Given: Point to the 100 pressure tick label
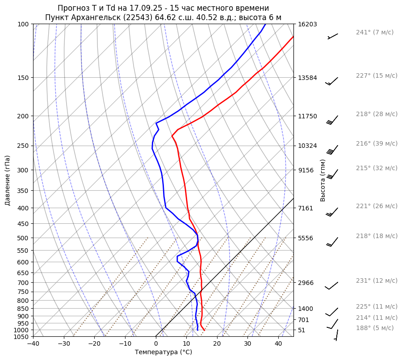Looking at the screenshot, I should click(23, 24).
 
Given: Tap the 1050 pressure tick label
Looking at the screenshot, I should click(21, 336).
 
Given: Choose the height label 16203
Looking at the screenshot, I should click(307, 24).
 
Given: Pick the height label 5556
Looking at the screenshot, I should click(306, 238).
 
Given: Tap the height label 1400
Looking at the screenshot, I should click(306, 309).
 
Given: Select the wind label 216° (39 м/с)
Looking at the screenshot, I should click(376, 143).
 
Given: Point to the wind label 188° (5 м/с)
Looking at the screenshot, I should click(374, 328).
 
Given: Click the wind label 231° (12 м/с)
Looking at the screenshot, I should click(376, 280).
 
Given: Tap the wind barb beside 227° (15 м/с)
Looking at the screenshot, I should click(332, 81).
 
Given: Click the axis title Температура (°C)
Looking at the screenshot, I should click(163, 352).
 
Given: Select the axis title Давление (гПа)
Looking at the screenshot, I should click(8, 180).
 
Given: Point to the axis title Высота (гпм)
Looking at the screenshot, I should click(323, 180).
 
